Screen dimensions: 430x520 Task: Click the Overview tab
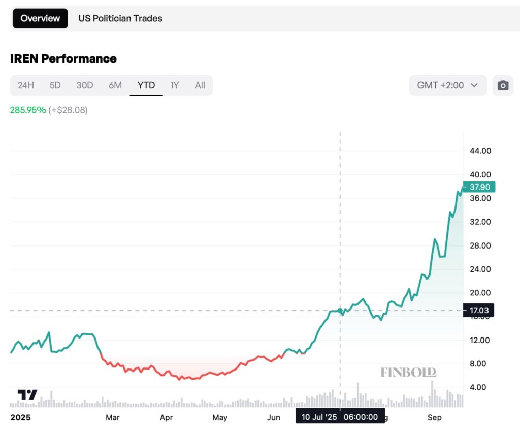(x=40, y=18)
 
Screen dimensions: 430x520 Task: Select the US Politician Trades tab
(x=120, y=18)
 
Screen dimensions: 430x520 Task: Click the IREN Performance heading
(x=63, y=58)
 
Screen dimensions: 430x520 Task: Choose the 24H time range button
(x=26, y=85)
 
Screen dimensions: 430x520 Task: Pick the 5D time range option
(x=55, y=85)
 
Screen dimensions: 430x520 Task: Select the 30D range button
(x=85, y=85)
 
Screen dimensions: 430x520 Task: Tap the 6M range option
(x=115, y=85)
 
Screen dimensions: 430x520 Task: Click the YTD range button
(x=146, y=85)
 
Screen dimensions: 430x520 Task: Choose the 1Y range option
(x=175, y=85)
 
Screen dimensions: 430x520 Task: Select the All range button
(x=200, y=85)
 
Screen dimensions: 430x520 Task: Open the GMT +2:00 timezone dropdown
(x=447, y=85)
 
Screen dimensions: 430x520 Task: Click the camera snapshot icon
(x=503, y=85)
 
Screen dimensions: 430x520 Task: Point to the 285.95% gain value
(x=28, y=110)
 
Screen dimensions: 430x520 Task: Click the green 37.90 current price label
(x=479, y=187)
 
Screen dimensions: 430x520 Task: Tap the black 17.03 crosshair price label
(x=479, y=310)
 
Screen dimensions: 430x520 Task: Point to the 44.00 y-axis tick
(x=480, y=151)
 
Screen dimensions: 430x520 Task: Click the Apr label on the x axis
(x=167, y=418)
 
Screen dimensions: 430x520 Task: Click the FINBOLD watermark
(x=408, y=373)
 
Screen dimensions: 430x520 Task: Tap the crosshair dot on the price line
(x=340, y=310)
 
